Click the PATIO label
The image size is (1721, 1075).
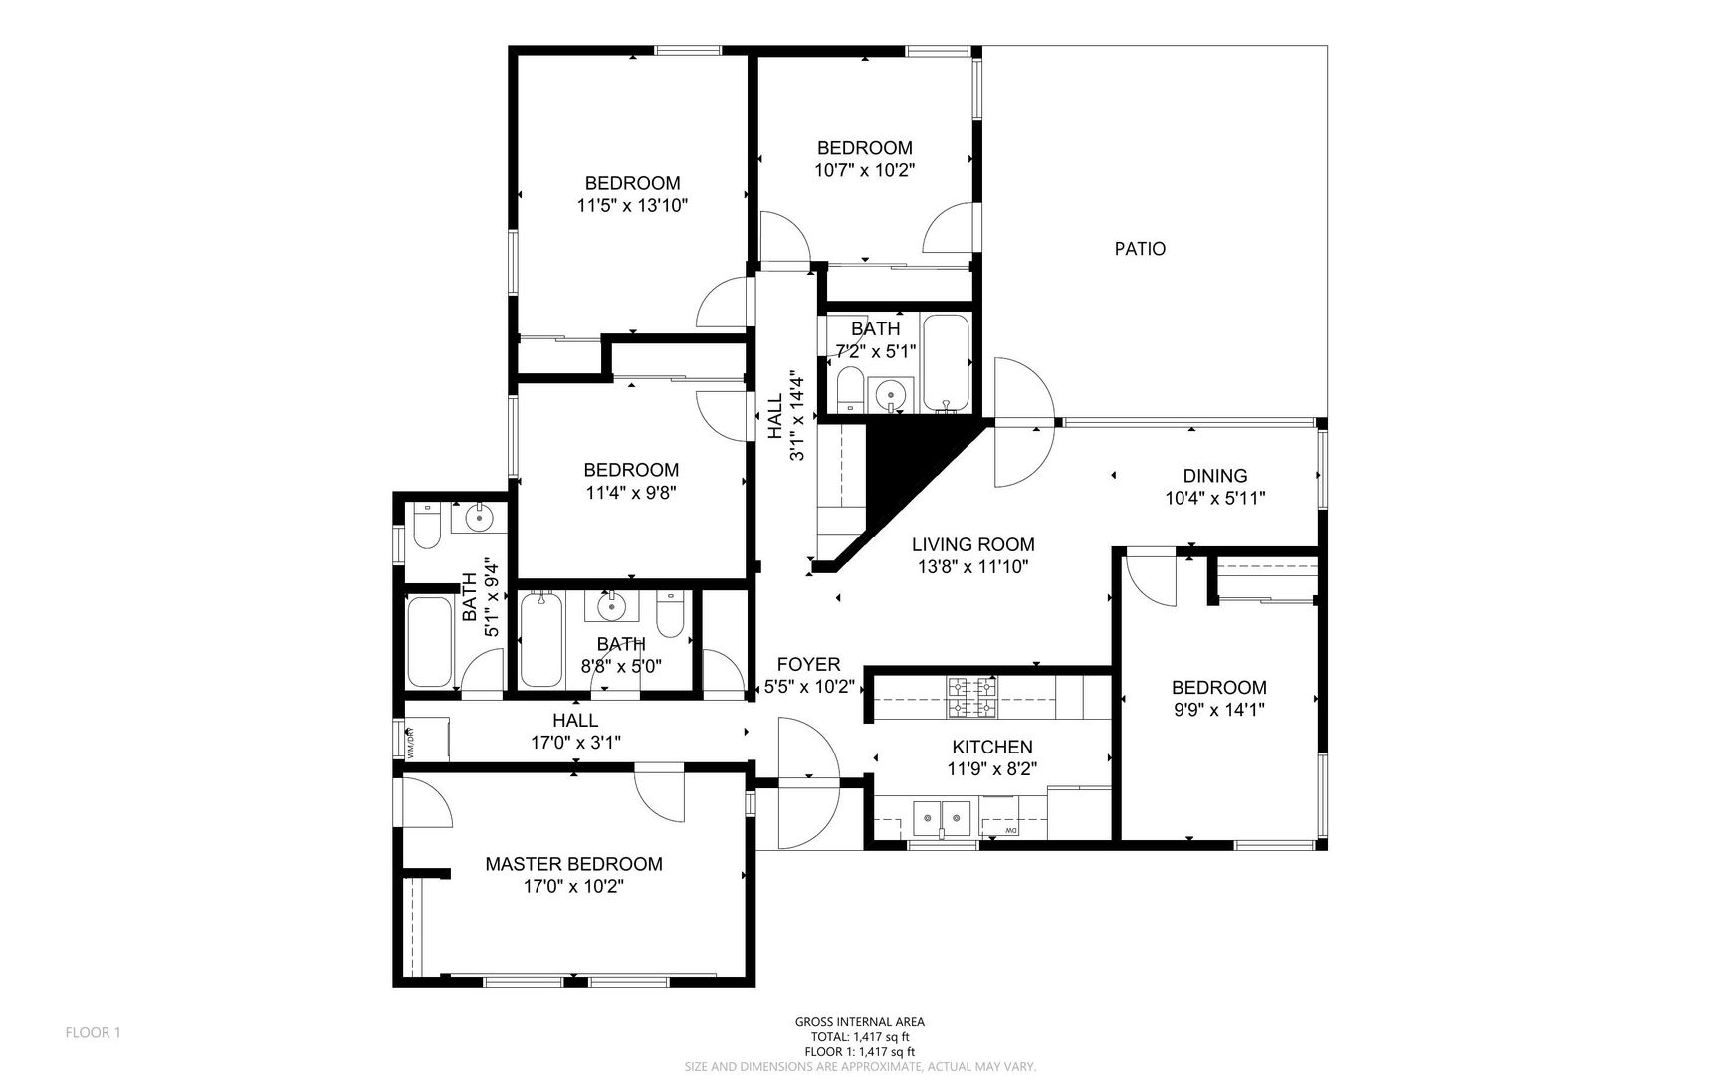coord(1140,249)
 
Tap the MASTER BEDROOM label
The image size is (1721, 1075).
coord(573,864)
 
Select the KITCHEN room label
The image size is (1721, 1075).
coord(992,747)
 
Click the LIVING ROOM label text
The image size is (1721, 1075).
coord(973,544)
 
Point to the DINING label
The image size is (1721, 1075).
coord(1215,476)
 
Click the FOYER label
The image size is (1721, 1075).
coord(808,664)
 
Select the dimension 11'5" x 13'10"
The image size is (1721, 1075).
coord(633,206)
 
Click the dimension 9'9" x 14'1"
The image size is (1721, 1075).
coord(1219,710)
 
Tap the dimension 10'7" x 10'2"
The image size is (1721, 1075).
coord(865,170)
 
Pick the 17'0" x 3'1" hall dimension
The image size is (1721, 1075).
coord(576,742)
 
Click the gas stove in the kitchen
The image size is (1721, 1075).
coord(971,697)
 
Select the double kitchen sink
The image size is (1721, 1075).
coord(943,818)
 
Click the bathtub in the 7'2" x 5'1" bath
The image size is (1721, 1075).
coord(947,362)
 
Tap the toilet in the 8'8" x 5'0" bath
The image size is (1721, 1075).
coord(671,614)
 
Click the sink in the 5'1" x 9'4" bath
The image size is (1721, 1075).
coord(480,518)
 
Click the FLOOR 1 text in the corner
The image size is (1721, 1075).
coord(93,1033)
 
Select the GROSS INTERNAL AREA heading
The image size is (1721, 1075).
coord(859,1022)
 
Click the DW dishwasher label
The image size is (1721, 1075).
coord(1009,831)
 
